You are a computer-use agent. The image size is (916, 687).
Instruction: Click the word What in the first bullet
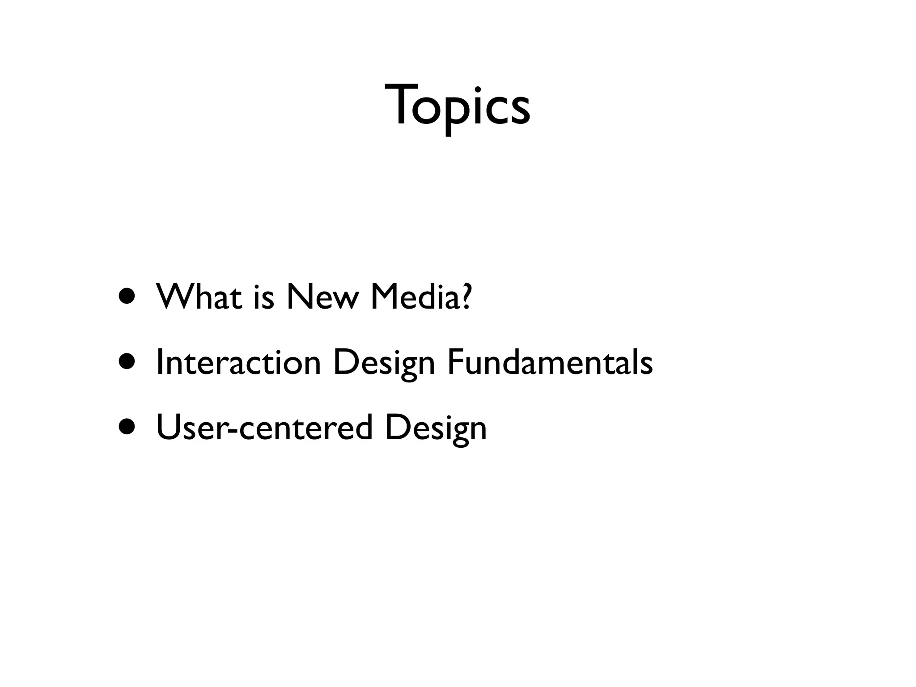coord(199,297)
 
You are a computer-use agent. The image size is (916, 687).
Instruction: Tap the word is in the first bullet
coord(263,297)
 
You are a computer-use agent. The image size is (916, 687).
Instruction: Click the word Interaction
coord(238,362)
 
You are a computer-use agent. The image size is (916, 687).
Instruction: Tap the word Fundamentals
coord(550,362)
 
